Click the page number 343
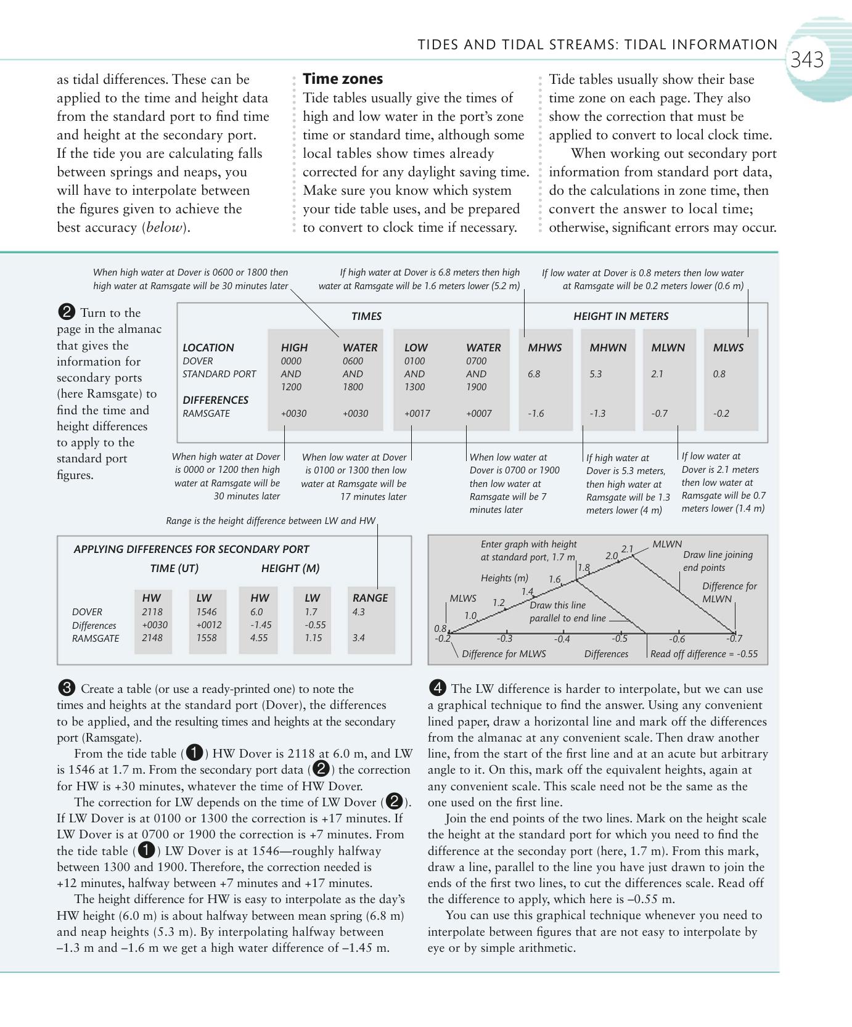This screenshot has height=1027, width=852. tap(807, 60)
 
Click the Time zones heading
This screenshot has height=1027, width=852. tap(342, 79)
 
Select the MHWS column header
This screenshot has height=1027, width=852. tap(544, 348)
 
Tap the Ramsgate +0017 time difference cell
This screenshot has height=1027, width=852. tap(417, 414)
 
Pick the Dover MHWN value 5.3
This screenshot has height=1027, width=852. tap(595, 374)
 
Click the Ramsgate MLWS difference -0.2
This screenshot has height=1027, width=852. tap(721, 414)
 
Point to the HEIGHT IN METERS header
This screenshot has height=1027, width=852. tap(620, 316)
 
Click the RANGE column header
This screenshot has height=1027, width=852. tap(370, 598)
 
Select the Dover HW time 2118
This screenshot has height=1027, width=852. tap(152, 612)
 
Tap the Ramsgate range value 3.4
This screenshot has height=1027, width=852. tap(358, 638)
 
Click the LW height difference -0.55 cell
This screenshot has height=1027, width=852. tap(315, 625)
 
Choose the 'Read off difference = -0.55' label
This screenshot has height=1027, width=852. tap(704, 654)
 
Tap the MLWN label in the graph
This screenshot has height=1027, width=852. tap(666, 544)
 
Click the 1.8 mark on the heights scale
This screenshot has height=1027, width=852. tap(583, 567)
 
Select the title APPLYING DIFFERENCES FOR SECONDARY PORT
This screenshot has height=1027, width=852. tap(191, 549)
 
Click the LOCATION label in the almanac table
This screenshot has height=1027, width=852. tap(208, 348)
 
